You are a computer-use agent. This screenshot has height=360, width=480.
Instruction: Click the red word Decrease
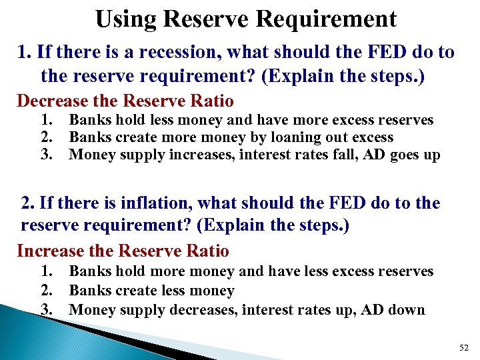pyautogui.click(x=52, y=101)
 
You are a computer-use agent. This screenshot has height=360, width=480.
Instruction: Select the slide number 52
pyautogui.click(x=465, y=346)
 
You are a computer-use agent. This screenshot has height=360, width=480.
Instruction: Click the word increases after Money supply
pyautogui.click(x=189, y=155)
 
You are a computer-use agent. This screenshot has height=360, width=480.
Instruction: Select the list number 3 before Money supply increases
pyautogui.click(x=46, y=155)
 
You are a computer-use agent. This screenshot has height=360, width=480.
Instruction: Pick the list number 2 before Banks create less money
pyautogui.click(x=46, y=291)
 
